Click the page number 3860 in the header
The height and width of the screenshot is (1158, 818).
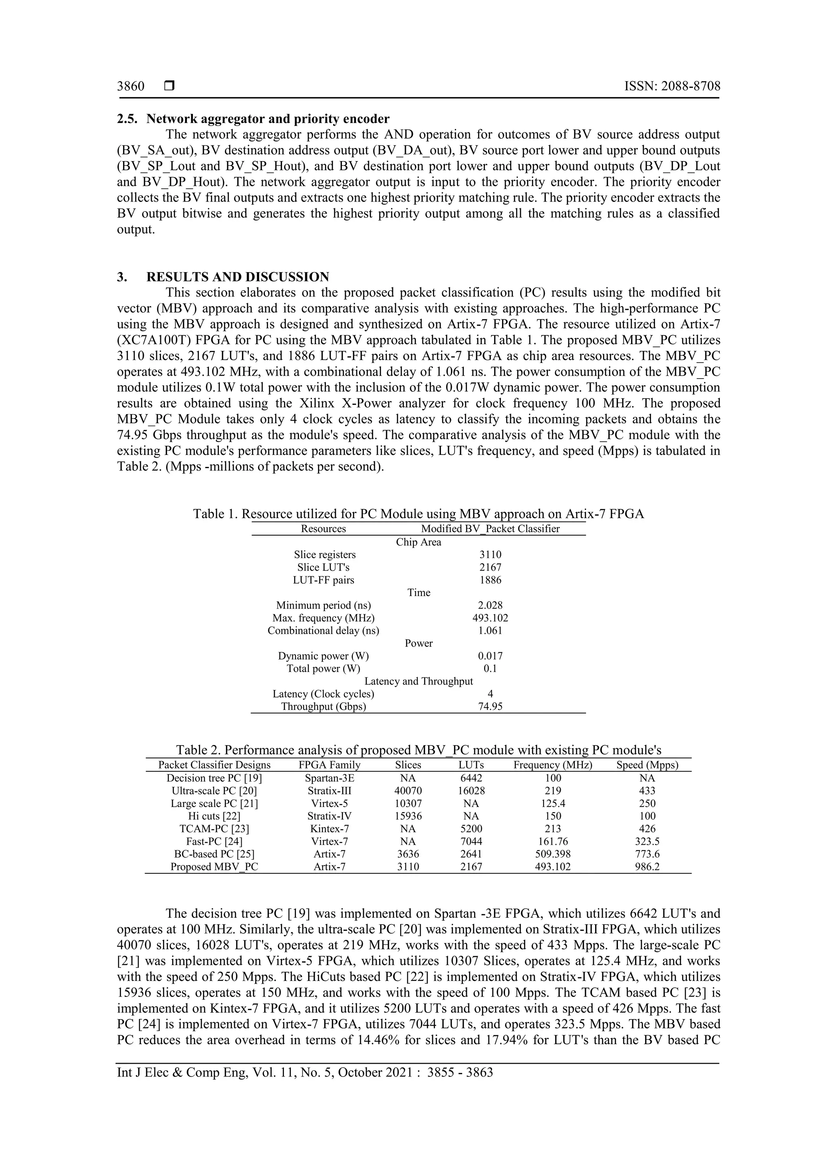(131, 86)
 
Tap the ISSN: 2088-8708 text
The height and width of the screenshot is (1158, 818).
(672, 86)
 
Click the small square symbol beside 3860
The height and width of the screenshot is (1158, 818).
(169, 86)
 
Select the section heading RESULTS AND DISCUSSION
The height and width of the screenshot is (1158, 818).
(237, 277)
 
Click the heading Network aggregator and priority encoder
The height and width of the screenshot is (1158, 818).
(268, 119)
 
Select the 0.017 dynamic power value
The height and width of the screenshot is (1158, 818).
(490, 656)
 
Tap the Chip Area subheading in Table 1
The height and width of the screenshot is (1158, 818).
(418, 542)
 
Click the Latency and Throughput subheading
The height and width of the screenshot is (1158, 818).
(418, 682)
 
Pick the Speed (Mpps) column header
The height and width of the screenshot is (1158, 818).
(647, 765)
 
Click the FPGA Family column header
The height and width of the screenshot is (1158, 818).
(330, 765)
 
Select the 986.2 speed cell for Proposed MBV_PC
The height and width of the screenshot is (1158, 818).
(647, 867)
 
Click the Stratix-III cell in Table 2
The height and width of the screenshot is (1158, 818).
(330, 791)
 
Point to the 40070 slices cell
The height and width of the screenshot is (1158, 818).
(408, 791)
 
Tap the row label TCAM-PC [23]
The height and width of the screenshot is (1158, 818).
(214, 829)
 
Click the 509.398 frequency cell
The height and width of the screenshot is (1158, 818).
(553, 854)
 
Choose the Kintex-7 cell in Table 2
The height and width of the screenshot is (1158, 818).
(330, 829)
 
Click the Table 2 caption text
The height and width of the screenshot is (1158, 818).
(418, 750)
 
